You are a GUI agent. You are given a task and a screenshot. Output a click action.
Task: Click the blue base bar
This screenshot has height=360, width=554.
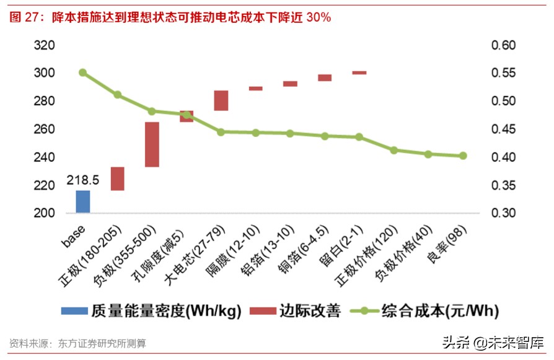point(83,201)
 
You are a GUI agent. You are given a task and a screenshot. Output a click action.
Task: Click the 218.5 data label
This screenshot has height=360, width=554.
point(83,181)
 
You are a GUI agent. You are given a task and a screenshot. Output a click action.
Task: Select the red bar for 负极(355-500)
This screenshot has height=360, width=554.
point(152,144)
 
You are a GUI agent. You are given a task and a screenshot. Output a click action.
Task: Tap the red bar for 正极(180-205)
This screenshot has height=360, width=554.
point(118,178)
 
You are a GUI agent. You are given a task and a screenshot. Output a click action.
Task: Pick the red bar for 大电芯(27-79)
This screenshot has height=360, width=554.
point(221,100)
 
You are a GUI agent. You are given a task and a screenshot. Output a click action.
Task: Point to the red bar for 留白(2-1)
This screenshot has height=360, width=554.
point(359,72)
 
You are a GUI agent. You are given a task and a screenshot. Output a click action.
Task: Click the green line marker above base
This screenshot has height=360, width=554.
point(83,72)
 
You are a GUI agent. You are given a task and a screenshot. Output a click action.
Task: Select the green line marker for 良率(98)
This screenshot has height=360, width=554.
point(463,156)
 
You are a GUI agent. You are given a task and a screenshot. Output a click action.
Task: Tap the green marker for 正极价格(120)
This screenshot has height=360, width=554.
point(394,150)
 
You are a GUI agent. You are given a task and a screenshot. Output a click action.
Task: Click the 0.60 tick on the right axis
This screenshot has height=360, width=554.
point(503,45)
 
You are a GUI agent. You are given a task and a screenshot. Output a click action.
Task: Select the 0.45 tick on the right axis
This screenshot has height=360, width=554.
point(503,130)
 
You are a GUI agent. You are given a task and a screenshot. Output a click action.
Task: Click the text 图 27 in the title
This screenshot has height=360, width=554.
point(24,17)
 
